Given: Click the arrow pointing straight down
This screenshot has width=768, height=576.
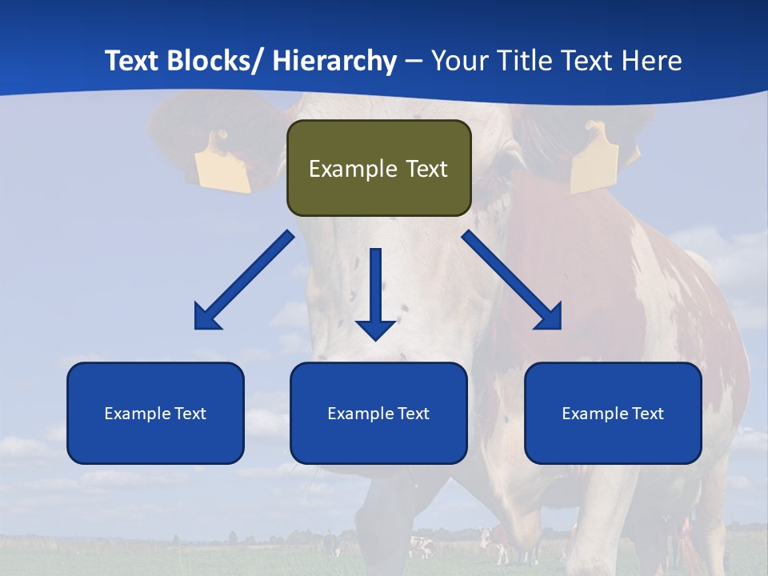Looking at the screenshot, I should coord(376,296).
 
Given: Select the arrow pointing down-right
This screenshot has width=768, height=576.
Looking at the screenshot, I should coord(513,282).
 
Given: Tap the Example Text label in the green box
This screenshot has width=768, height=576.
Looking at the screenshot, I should coord(378,169).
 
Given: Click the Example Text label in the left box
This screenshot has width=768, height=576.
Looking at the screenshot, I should coord(155,414).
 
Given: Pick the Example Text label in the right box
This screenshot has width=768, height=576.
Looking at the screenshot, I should coord(613,414).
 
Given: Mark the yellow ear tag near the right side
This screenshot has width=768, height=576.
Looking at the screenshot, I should coord(594,158).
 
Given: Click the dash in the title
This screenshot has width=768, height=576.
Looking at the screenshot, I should coord(414,62).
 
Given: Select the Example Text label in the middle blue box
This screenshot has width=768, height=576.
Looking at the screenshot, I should coord(378,414).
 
